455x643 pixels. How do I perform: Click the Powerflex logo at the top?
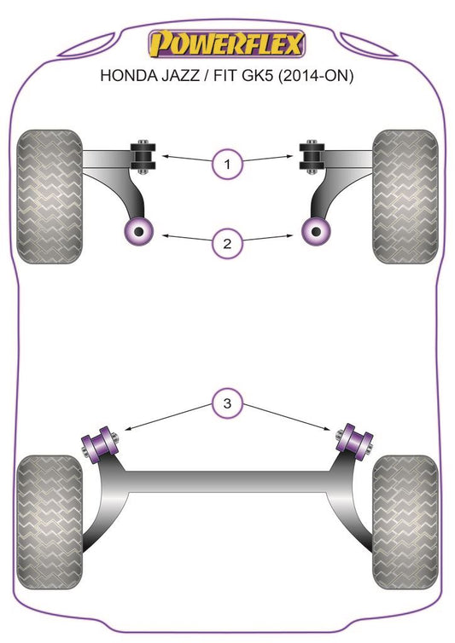point(227,43)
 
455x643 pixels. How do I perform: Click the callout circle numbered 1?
point(227,165)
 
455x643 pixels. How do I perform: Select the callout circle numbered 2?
point(227,244)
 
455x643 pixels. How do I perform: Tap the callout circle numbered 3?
point(227,403)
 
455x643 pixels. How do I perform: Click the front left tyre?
point(50,196)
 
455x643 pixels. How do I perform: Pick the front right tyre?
point(405,196)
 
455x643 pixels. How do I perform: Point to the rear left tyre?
point(50,522)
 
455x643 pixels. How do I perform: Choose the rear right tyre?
point(405,522)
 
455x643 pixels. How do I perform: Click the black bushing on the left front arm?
point(143,157)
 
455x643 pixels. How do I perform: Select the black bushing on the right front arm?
point(312,157)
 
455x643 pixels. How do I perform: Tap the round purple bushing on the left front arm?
point(139,232)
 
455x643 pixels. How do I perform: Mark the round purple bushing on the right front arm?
point(316,232)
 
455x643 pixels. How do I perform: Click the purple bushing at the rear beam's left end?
point(100,444)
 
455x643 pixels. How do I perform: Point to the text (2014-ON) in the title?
point(315,76)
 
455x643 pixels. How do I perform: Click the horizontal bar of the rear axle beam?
point(227,482)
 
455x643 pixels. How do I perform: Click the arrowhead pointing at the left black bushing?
point(166,156)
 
